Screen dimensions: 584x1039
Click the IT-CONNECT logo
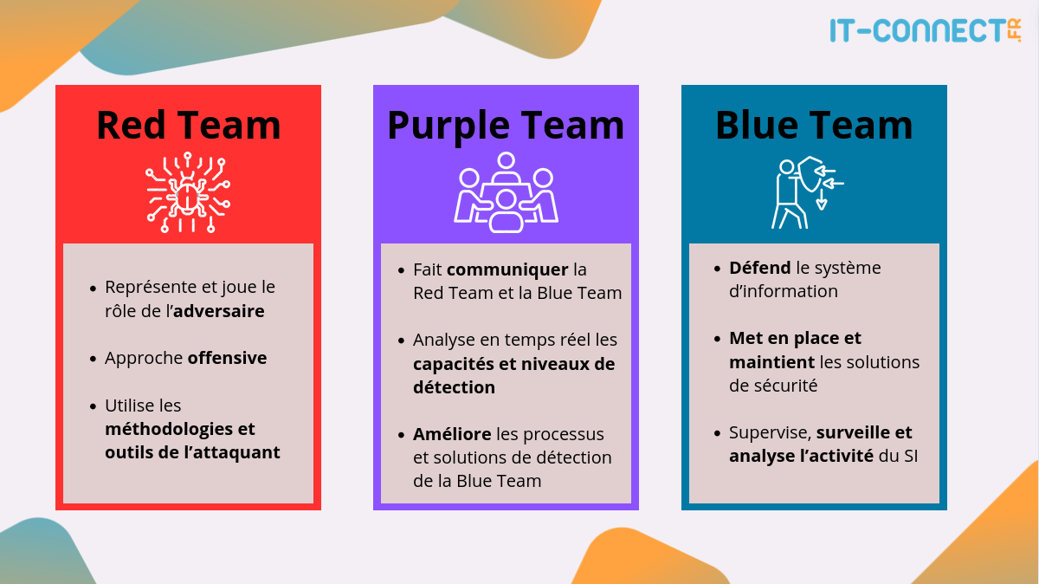925,31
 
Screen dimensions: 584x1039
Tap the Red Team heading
188,125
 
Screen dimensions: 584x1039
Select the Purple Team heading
506,125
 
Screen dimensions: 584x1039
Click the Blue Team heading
814,125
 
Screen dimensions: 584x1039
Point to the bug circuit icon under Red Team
188,195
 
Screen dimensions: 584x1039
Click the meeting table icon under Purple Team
506,192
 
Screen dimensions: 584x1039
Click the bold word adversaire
218,310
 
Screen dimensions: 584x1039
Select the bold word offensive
227,358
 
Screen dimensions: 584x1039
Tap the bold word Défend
760,268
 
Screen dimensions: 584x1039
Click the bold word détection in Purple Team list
454,387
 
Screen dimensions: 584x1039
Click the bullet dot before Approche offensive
94,359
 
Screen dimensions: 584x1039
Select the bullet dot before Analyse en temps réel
402,341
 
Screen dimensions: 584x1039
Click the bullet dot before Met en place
718,339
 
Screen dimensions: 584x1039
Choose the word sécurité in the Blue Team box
784,386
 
